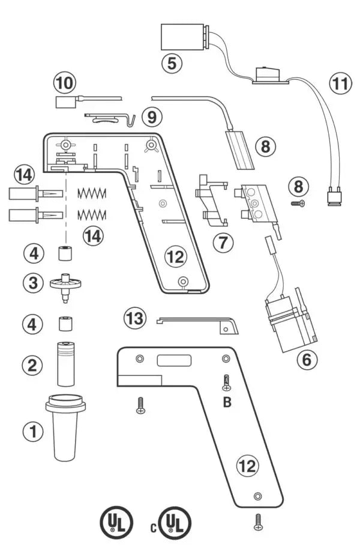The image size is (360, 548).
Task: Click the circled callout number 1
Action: (x=34, y=430)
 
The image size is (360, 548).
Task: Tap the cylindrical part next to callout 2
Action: (x=65, y=363)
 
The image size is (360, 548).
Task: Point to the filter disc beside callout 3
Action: (x=65, y=283)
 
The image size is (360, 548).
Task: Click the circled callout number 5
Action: (x=173, y=62)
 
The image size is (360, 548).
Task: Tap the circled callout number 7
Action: (x=223, y=242)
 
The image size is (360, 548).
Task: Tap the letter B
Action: (x=227, y=402)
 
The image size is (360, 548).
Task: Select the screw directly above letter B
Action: (x=226, y=381)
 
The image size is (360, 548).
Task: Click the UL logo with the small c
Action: (x=174, y=522)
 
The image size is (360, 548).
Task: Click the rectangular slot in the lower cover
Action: (x=174, y=361)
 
